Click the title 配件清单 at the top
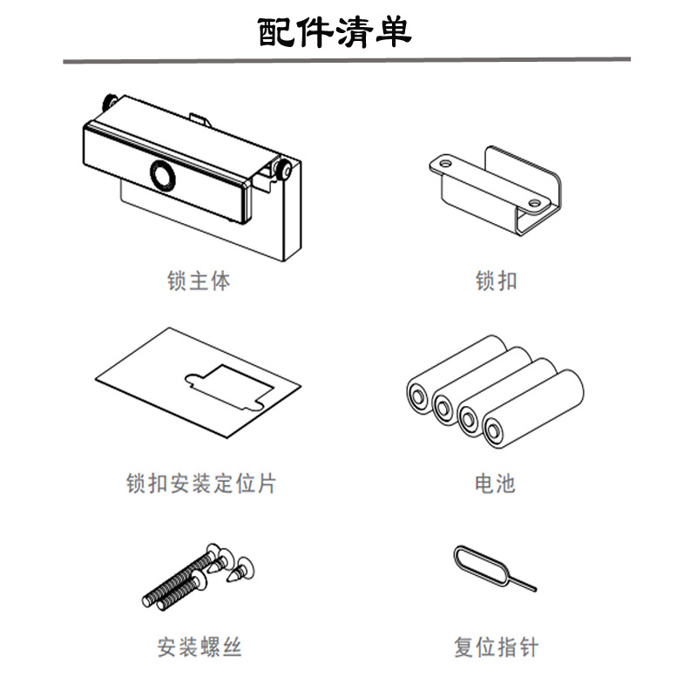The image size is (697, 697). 335,31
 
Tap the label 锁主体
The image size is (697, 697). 200,281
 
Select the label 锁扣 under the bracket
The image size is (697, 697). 497,281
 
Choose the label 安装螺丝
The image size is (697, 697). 200,647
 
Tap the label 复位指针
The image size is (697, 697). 496,647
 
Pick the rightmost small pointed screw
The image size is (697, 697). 242,567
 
